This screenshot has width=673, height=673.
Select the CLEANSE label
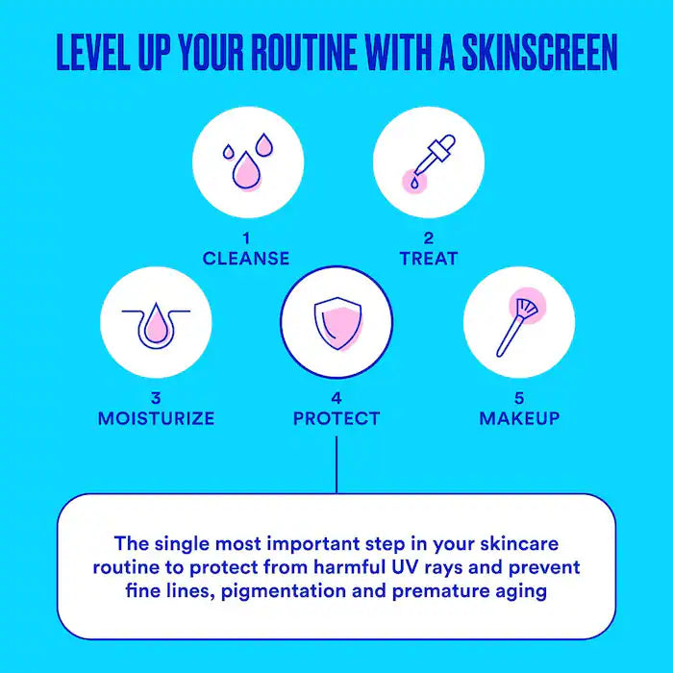point(246,259)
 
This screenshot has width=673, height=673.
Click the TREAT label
point(429,259)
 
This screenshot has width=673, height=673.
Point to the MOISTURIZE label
point(156,418)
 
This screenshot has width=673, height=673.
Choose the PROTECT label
point(336,418)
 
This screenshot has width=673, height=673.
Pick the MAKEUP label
point(519,418)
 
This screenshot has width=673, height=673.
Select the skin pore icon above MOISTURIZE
point(156,323)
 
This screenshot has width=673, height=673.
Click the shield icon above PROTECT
point(336,322)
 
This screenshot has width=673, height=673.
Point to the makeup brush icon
point(519,321)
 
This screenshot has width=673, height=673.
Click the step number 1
point(246,237)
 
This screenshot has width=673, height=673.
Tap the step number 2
point(429,237)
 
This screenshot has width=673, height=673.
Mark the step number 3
point(156,397)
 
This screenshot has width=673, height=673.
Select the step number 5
point(519,397)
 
